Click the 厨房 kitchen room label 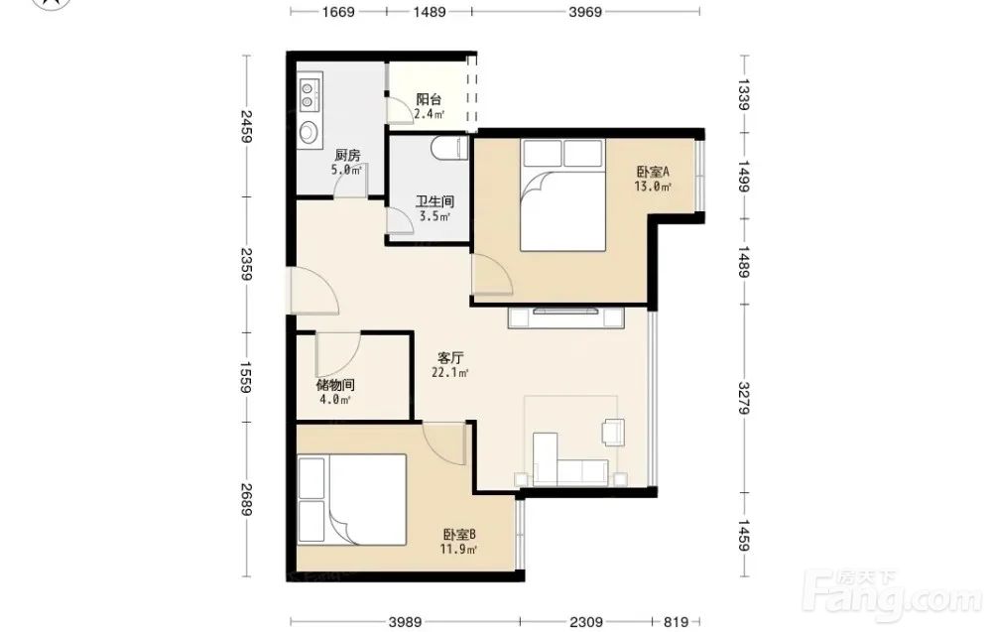point(347,155)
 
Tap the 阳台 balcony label point(429,99)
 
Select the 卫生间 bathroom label point(434,202)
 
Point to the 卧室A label point(653,172)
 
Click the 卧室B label point(459,535)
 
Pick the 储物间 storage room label point(335,385)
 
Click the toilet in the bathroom point(449,149)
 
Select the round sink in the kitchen point(310,131)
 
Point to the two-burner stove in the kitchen point(309,92)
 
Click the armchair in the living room point(613,432)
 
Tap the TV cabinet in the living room point(566,316)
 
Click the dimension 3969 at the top point(585,11)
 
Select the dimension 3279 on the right point(744,398)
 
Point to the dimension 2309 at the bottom point(586,622)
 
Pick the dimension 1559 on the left point(246,377)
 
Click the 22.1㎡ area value point(449,372)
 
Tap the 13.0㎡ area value point(653,186)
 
